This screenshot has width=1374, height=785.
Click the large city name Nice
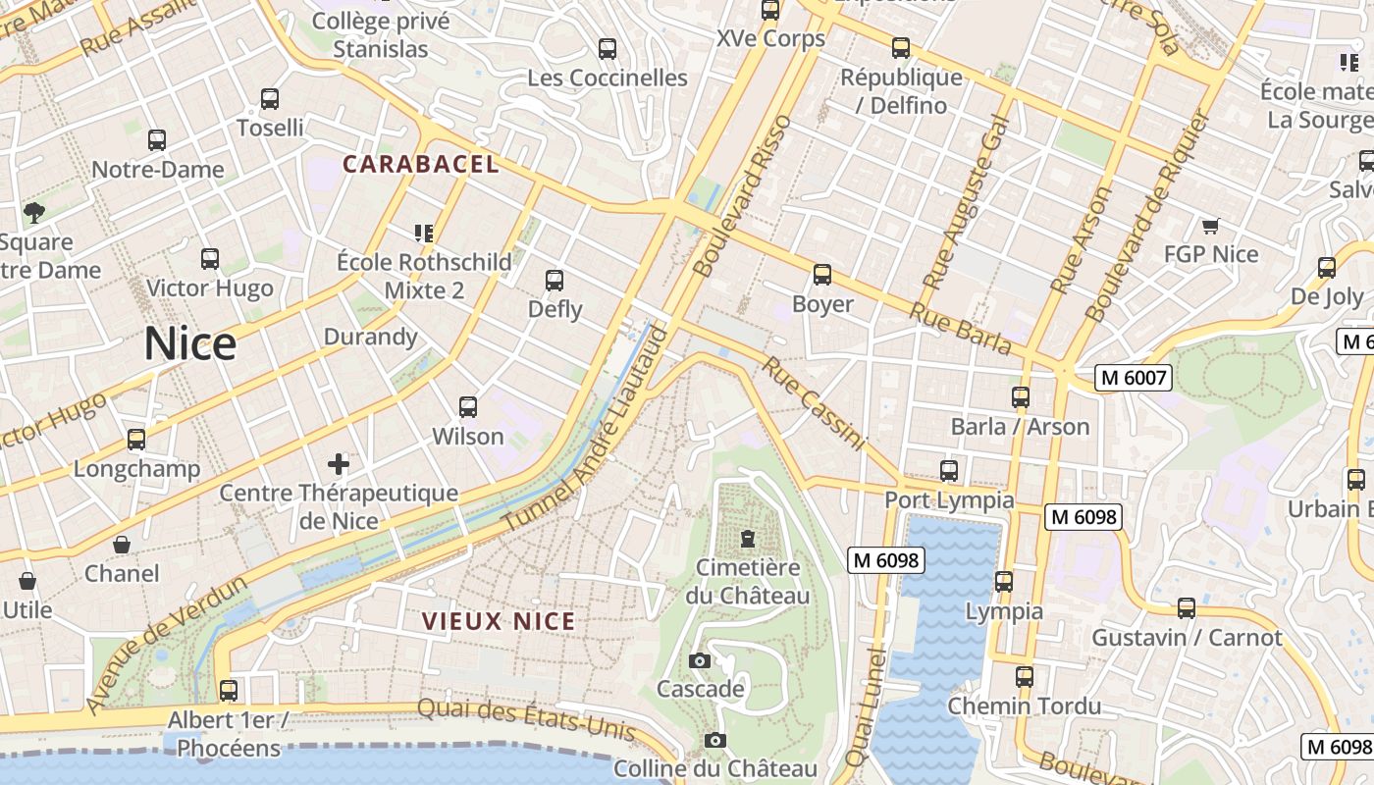pos(190,344)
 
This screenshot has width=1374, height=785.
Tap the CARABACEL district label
pos(421,164)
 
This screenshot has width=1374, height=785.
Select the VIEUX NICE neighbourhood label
pos(499,621)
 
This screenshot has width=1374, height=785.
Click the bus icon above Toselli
pos(270,99)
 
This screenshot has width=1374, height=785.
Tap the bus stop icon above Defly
pos(555,281)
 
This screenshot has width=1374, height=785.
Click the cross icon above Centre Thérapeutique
pos(339,463)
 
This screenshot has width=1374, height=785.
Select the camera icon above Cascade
pos(700,660)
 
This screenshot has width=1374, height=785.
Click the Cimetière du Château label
pos(748,581)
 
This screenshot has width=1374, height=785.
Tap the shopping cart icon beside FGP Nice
pos(1210,227)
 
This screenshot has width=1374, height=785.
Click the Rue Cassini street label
pos(814,403)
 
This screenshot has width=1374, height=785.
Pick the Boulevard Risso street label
pos(741,196)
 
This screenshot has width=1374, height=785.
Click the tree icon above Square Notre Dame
pos(34,212)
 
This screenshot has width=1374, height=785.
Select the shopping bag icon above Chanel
pos(122,545)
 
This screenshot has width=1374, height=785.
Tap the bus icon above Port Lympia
pos(949,471)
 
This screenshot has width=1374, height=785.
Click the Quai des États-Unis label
pos(526,721)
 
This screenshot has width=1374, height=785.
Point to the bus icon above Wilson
pos(468,407)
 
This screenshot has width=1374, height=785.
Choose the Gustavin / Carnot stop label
pos(1187,638)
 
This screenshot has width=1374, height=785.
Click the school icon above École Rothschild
pos(424,234)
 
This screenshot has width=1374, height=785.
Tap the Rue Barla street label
pos(960,328)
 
